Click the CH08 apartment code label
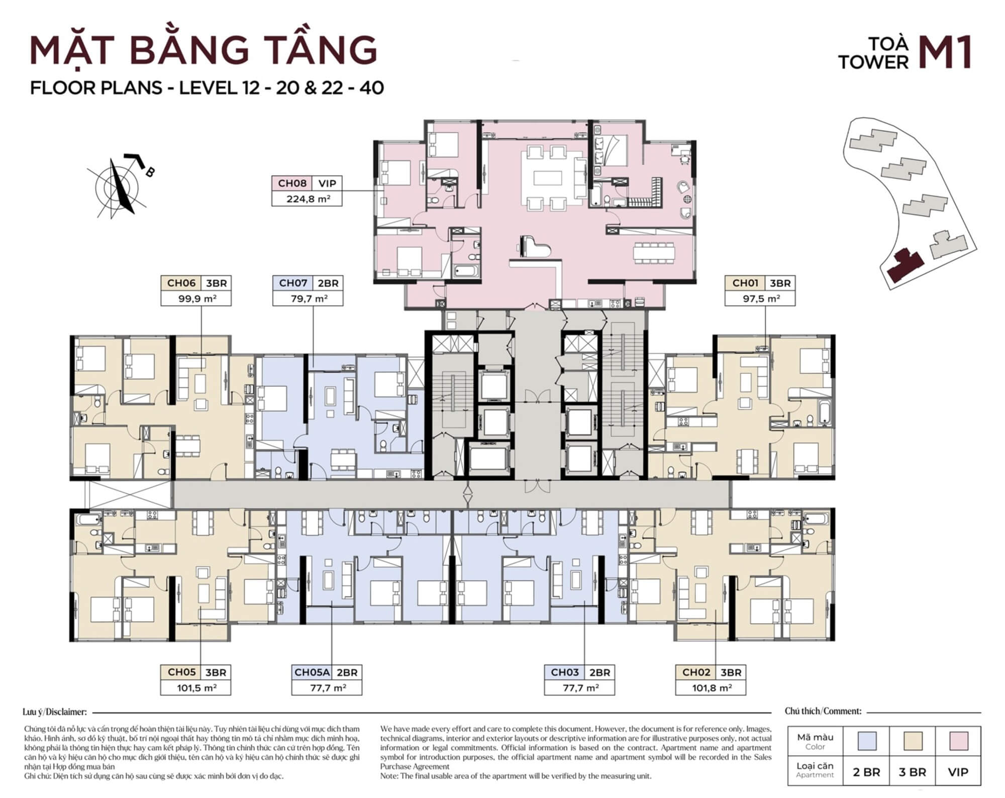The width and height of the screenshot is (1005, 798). click(291, 183)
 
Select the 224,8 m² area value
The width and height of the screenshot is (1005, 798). click(308, 199)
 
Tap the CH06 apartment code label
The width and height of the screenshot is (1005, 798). click(181, 283)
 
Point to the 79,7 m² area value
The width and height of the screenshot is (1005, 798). click(308, 298)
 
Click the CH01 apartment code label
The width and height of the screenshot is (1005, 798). click(745, 283)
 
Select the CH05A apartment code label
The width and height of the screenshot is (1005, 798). click(312, 672)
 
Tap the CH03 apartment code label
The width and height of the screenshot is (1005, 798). click(565, 672)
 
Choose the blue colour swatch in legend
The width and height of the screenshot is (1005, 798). click(867, 741)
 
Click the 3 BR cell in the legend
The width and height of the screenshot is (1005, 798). click(913, 772)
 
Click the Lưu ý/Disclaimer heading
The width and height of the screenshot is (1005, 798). click(55, 712)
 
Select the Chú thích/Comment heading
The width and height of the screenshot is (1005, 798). click(823, 711)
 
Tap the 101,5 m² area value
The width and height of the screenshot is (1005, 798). click(196, 688)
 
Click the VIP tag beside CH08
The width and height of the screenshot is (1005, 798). click(327, 183)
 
